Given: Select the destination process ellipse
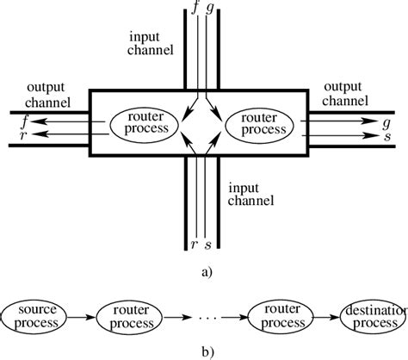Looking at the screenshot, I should pyautogui.click(x=372, y=316).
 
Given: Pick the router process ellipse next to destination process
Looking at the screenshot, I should pyautogui.click(x=276, y=316).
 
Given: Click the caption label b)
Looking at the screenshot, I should pyautogui.click(x=202, y=351).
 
